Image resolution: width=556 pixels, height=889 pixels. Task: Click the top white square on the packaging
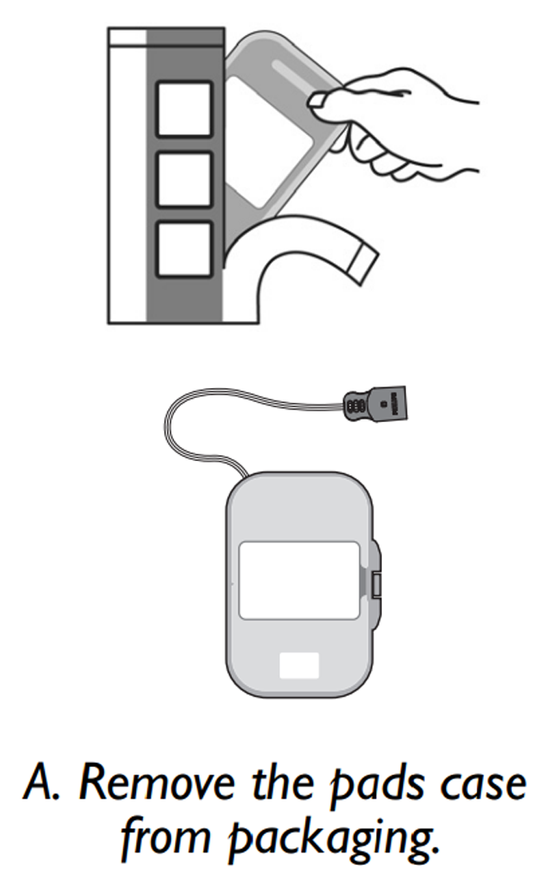click(184, 109)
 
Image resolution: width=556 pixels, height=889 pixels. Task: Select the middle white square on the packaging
click(184, 179)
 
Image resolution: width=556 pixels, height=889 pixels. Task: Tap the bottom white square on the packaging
click(184, 250)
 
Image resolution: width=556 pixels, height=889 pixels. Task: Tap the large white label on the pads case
click(299, 581)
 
